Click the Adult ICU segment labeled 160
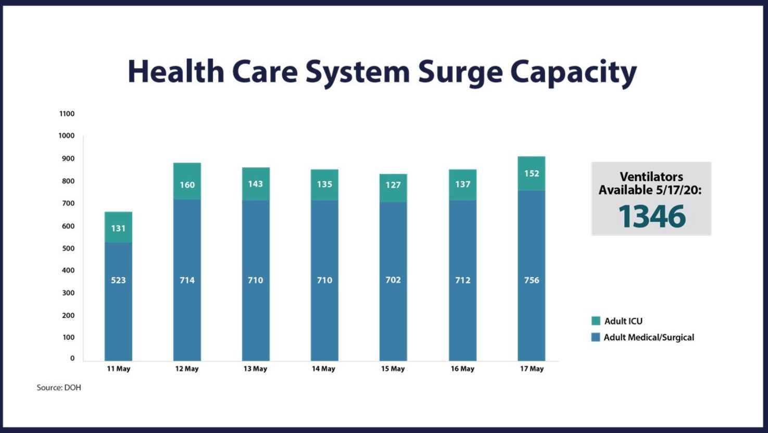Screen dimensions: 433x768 click(187, 181)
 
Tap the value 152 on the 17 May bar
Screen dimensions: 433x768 click(532, 174)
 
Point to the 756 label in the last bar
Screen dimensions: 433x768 click(532, 280)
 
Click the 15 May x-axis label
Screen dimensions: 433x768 click(393, 368)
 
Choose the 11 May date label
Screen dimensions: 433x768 click(118, 368)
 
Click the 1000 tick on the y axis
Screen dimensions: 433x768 click(67, 135)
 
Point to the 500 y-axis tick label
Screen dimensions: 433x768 click(68, 249)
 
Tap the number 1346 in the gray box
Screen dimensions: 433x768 click(651, 216)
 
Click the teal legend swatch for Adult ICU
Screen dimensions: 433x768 click(596, 321)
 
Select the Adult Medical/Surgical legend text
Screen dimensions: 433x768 click(649, 337)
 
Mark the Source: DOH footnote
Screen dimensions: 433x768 click(59, 388)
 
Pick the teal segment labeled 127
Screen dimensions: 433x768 click(393, 188)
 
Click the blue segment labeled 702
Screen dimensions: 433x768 click(393, 281)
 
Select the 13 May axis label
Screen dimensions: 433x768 click(255, 368)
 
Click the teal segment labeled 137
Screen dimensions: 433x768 click(462, 184)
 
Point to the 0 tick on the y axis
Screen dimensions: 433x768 click(72, 358)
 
